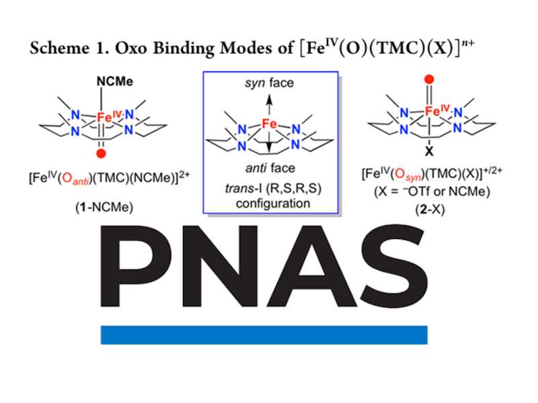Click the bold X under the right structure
pos(428,152)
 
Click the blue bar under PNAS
pos(264,334)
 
